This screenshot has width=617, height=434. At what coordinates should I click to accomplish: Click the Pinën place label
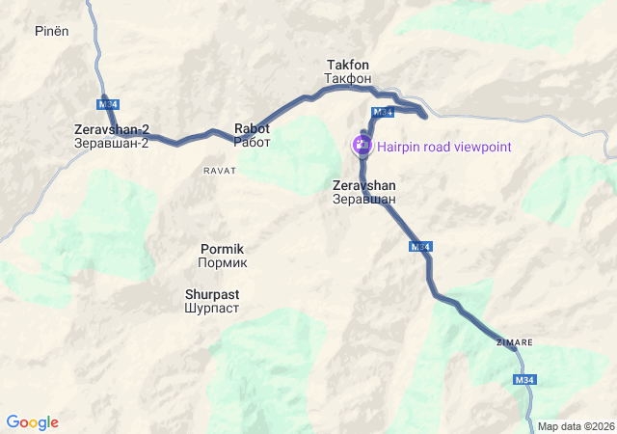coord(53,31)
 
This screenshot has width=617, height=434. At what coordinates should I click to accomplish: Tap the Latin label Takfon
coord(348,65)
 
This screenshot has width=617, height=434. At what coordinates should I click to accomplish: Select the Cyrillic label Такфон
coord(348,77)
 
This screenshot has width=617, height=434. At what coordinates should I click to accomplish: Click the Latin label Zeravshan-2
coord(112,129)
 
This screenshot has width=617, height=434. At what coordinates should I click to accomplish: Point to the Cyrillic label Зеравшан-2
coord(112,143)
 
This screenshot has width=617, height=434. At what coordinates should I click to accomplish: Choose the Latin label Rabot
coord(253,128)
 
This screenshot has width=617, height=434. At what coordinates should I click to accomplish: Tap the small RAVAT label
coord(220,170)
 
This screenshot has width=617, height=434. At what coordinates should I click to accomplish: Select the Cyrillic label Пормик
coord(223,261)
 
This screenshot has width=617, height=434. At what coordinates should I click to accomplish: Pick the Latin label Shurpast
coord(212,294)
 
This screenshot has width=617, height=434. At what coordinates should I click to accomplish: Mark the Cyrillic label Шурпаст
coord(212,308)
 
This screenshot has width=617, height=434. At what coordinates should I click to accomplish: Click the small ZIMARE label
coord(514,342)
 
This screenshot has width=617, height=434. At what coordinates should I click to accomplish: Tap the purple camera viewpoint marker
coord(362,146)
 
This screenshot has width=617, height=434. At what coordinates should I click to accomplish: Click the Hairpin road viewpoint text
coord(444,147)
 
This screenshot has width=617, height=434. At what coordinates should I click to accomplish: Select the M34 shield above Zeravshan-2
coord(107,103)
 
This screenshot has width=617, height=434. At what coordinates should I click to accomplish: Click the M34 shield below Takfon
coord(383,113)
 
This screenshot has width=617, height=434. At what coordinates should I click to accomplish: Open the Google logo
coord(33,422)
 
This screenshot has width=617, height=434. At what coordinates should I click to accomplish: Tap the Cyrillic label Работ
coord(253,142)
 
